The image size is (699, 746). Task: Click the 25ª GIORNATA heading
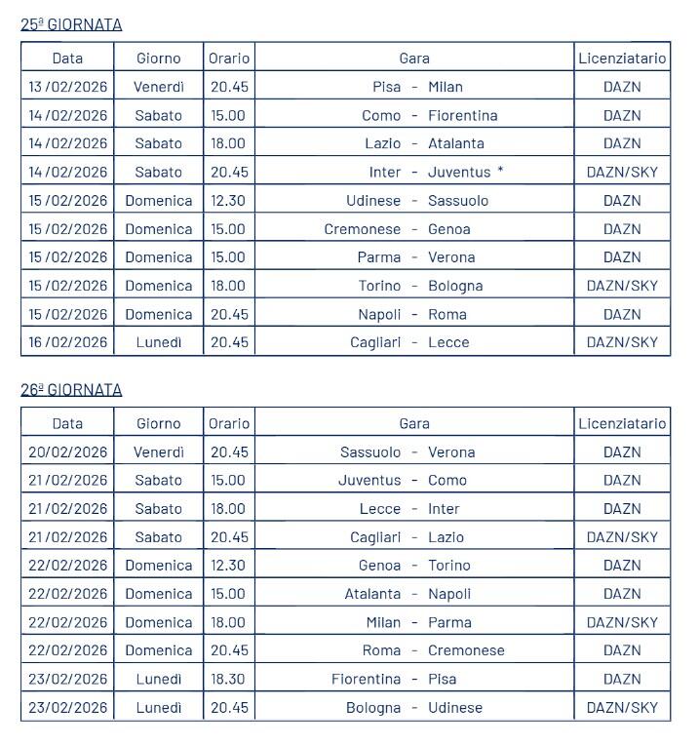click(x=71, y=24)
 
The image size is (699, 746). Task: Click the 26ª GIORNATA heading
click(x=71, y=389)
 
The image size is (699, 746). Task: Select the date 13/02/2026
click(x=67, y=87)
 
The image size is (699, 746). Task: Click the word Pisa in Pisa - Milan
click(x=387, y=87)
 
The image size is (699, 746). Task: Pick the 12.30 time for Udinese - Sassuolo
click(x=228, y=200)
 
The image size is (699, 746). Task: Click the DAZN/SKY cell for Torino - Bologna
click(x=622, y=286)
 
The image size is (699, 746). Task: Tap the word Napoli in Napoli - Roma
click(x=378, y=314)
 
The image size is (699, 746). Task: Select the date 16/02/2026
click(x=67, y=342)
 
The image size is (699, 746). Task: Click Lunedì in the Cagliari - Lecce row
click(x=159, y=342)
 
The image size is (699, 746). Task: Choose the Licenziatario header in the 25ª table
click(x=622, y=58)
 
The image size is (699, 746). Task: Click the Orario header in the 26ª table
click(x=229, y=423)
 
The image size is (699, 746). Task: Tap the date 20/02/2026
click(x=67, y=452)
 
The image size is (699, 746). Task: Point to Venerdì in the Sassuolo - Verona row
click(x=159, y=452)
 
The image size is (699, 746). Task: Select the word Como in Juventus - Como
click(x=447, y=480)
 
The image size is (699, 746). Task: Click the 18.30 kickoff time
click(x=228, y=679)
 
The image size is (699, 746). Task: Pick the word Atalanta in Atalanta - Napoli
click(x=372, y=593)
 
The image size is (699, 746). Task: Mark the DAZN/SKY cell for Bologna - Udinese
click(x=622, y=707)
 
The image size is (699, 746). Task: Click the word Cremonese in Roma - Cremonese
click(x=466, y=650)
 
